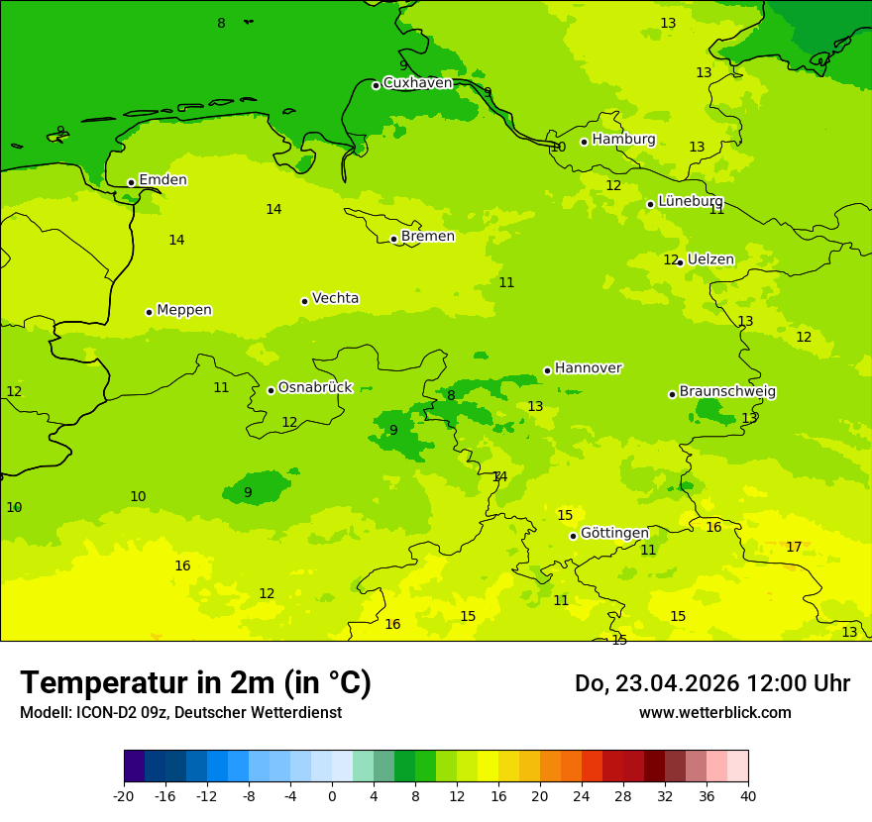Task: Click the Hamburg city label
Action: click(x=623, y=140)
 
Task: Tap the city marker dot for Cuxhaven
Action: click(x=376, y=85)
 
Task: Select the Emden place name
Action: click(x=163, y=180)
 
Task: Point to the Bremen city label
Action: click(x=427, y=237)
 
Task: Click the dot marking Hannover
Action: click(x=547, y=370)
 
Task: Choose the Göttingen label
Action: click(x=614, y=533)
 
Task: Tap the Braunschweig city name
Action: click(x=727, y=392)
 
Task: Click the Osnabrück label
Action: click(x=315, y=388)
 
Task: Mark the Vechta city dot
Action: click(x=304, y=301)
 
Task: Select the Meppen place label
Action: click(x=184, y=310)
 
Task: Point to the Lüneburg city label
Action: click(x=691, y=201)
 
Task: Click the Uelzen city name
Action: click(x=710, y=260)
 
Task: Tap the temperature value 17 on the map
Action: click(x=794, y=548)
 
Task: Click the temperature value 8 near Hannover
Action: click(x=451, y=396)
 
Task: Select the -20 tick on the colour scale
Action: click(x=124, y=795)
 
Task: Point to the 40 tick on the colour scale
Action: click(x=748, y=795)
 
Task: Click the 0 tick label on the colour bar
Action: click(x=332, y=795)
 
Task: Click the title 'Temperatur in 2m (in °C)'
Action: click(x=195, y=683)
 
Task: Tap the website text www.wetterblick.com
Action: click(x=714, y=713)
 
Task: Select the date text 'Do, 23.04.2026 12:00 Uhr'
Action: click(x=711, y=683)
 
